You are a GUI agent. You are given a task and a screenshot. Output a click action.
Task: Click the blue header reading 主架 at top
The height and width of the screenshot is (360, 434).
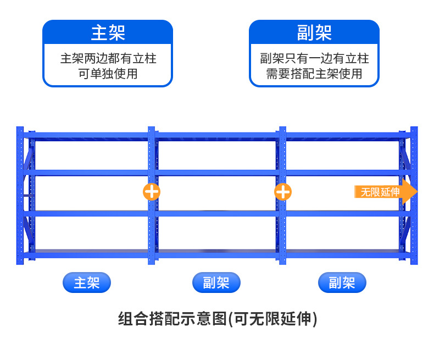point(108,32)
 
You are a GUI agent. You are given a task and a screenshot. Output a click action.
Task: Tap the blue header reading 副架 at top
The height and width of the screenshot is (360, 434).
point(314,32)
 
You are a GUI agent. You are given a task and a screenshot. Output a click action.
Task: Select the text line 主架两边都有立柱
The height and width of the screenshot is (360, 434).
point(108,59)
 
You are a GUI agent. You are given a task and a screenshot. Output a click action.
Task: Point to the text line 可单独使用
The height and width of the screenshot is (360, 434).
point(108,74)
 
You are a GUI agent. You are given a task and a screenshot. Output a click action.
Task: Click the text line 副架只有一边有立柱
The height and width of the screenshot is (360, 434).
point(314,59)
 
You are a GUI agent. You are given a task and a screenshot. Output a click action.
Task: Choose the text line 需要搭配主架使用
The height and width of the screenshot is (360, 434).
point(314,74)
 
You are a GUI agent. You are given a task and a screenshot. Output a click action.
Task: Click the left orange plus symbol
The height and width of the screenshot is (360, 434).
point(152,192)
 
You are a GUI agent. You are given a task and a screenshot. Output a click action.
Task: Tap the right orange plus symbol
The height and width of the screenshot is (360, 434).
point(283,192)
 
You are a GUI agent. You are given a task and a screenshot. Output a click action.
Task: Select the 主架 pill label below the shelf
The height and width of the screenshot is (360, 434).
point(87,283)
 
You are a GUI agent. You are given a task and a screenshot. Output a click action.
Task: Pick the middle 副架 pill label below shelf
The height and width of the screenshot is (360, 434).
point(216,283)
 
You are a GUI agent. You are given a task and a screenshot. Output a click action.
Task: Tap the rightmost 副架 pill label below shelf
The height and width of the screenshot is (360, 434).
point(342,283)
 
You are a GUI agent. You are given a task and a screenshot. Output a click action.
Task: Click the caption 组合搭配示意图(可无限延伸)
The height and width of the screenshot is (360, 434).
point(218,319)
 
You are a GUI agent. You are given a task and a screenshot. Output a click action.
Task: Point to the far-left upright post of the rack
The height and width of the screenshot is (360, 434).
point(20,195)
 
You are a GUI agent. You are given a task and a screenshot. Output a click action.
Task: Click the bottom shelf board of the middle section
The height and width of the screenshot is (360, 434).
point(217,254)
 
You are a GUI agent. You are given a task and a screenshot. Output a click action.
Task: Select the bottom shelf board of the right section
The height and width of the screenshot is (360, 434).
point(346,254)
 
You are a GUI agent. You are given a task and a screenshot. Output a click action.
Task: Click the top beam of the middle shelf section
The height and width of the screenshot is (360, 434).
point(217,135)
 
